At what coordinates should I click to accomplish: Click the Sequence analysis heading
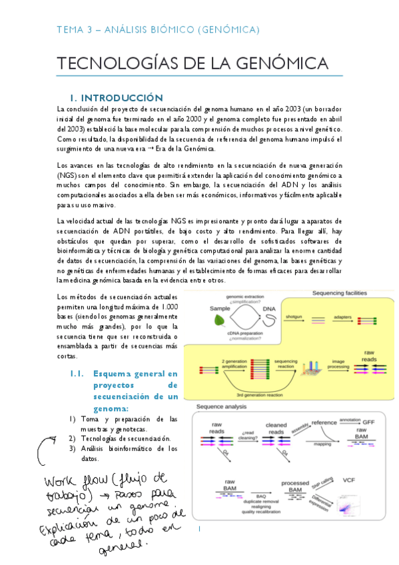tap(220, 406)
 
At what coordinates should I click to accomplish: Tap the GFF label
tap(371, 422)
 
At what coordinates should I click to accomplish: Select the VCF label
tap(349, 480)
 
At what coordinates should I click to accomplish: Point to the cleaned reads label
tap(276, 428)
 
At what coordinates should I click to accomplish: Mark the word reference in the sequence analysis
tap(324, 422)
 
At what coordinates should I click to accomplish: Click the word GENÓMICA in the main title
tap(277, 63)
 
